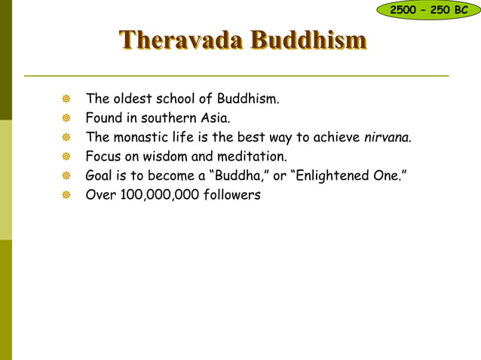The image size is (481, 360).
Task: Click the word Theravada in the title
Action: pyautogui.click(x=182, y=41)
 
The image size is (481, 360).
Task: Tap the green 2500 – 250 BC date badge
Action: pyautogui.click(x=429, y=10)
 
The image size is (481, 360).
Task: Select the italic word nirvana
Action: pyautogui.click(x=387, y=138)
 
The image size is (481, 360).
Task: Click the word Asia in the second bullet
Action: pyautogui.click(x=214, y=118)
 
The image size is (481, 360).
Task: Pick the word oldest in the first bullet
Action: pyautogui.click(x=133, y=99)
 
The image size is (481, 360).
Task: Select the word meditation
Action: pyautogui.click(x=251, y=157)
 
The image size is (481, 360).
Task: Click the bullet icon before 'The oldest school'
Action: pyautogui.click(x=66, y=99)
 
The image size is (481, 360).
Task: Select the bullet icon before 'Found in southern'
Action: pyautogui.click(x=66, y=119)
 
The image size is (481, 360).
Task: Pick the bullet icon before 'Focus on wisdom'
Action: pyautogui.click(x=66, y=157)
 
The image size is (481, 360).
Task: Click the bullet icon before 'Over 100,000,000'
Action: pyautogui.click(x=66, y=196)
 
